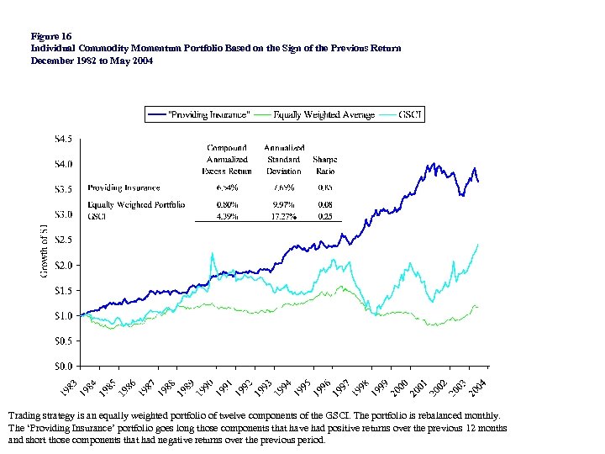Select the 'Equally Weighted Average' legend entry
[324, 114]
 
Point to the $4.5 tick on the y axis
[64, 137]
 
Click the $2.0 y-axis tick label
[64, 265]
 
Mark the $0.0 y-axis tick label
[64, 366]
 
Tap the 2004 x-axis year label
[476, 386]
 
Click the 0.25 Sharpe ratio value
[324, 216]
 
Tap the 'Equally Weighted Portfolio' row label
[136, 204]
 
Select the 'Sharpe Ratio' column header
[324, 164]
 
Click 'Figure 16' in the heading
[50, 37]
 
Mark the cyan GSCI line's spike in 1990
[213, 253]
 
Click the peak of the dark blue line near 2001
[434, 164]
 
